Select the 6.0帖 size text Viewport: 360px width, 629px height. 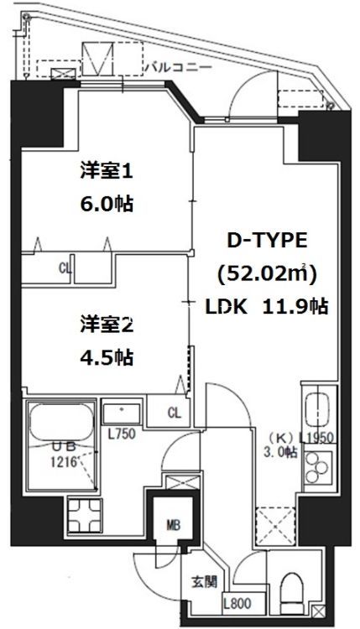pyautogui.click(x=107, y=205)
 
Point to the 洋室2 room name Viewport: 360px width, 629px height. pyautogui.click(x=107, y=322)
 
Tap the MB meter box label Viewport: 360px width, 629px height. pyautogui.click(x=172, y=526)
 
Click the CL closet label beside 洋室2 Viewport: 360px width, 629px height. pyautogui.click(x=174, y=412)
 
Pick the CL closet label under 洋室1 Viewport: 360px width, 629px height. pyautogui.click(x=65, y=269)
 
